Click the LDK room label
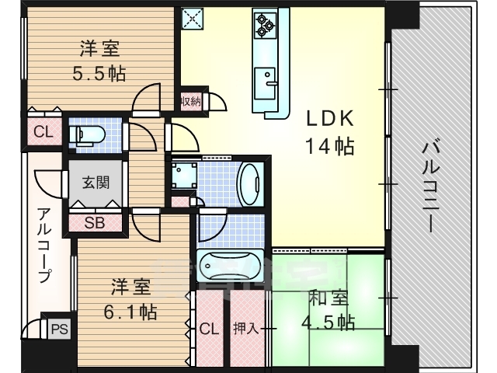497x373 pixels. click(329, 119)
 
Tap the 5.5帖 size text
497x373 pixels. click(99, 74)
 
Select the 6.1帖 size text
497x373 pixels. click(130, 312)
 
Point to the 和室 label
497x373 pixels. click(328, 298)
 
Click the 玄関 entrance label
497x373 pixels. click(96, 183)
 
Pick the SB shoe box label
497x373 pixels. click(95, 223)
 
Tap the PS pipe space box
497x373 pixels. click(60, 329)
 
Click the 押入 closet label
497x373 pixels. click(246, 329)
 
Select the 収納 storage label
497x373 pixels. click(191, 102)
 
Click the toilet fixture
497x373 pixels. click(87, 134)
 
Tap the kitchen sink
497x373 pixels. click(265, 83)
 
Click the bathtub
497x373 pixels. click(230, 266)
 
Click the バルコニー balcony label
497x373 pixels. click(431, 187)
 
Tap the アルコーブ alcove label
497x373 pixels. click(43, 245)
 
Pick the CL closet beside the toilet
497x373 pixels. click(44, 131)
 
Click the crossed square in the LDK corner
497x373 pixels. click(193, 19)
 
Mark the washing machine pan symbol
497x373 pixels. click(183, 176)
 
